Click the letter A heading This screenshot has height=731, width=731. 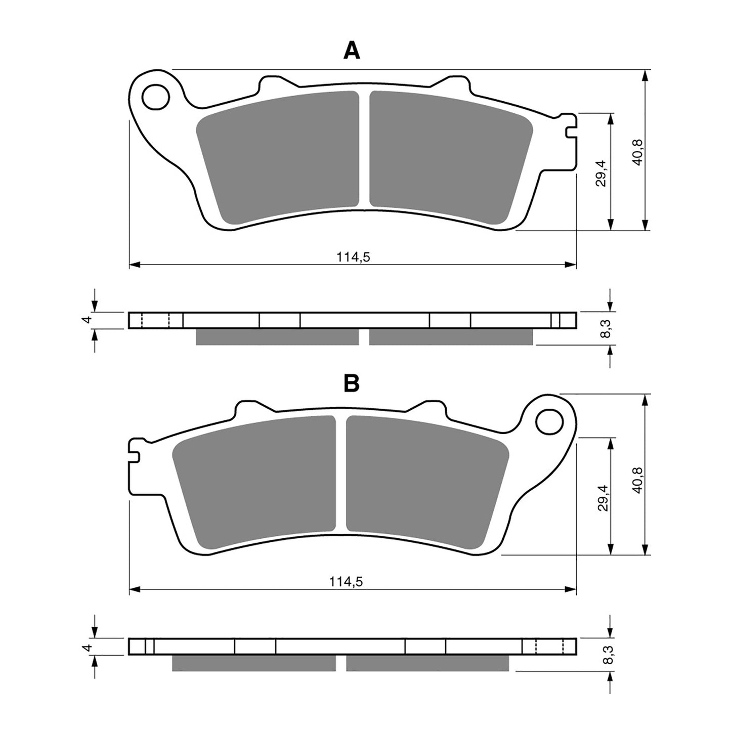coord(352,51)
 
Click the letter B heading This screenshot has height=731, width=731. coord(352,384)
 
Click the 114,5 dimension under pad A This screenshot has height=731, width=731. coord(354,257)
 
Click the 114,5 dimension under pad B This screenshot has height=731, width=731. coord(346,582)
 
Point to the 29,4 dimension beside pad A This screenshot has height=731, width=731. coord(600,172)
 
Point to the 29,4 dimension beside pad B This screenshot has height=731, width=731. coord(602,497)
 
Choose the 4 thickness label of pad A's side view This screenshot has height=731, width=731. coord(87,320)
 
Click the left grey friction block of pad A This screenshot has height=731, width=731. coord(278,157)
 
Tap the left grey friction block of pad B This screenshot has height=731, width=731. coord(255,481)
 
